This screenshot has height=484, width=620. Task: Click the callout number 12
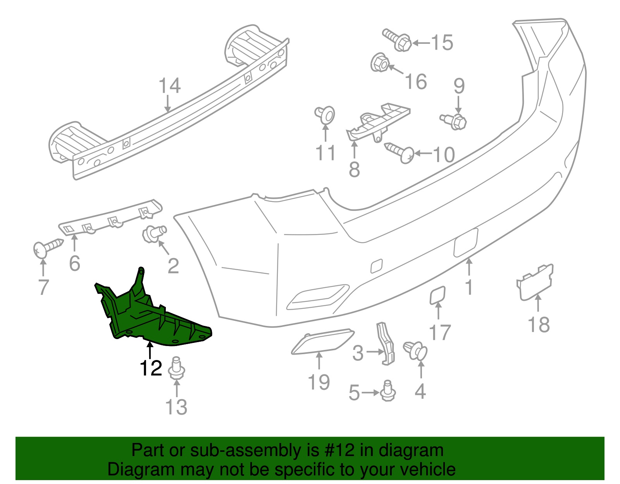151,368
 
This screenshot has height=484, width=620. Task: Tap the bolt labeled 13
177,368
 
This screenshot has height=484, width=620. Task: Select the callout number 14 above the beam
170,86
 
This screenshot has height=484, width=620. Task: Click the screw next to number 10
401,153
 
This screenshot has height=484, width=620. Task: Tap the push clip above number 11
325,115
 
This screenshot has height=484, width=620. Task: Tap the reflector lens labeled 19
322,341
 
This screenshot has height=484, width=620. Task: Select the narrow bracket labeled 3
386,344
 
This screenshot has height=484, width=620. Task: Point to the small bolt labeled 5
387,391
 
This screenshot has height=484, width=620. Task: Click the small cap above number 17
438,295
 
